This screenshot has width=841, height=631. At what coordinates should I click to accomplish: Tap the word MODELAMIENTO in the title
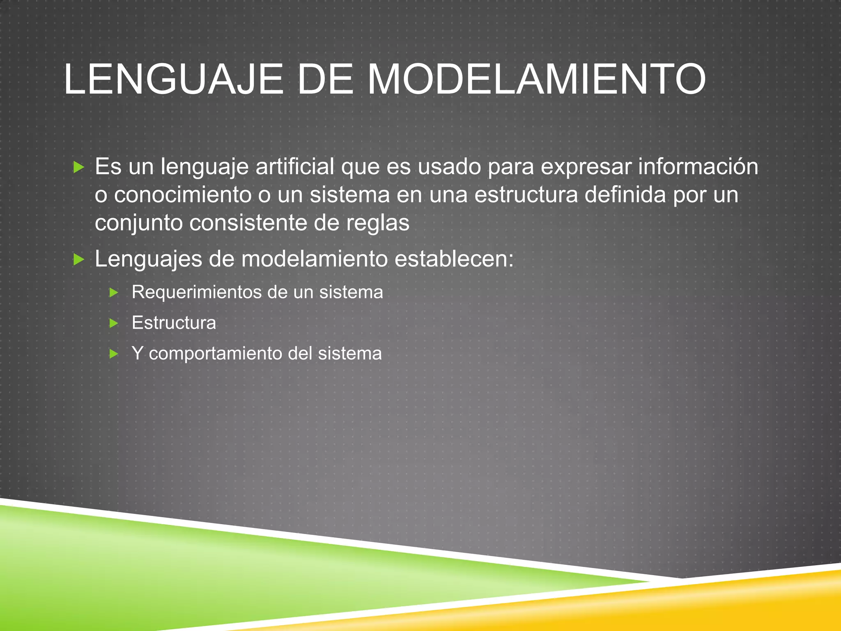point(536,79)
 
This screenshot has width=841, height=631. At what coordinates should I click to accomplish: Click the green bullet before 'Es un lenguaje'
point(78,167)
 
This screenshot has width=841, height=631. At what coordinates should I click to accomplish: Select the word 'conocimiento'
point(183,195)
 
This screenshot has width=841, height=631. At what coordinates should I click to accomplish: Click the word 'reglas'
point(378,223)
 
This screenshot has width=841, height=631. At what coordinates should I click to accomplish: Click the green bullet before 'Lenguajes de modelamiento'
point(78,259)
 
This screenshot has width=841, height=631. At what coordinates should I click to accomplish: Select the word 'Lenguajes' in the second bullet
point(148,259)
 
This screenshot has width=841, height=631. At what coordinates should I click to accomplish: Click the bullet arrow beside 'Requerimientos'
point(114,292)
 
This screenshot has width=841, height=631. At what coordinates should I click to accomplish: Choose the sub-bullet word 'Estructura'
point(174,323)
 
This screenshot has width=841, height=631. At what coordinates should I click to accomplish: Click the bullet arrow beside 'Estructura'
point(114,323)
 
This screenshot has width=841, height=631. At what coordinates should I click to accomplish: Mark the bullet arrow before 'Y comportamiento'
point(114,354)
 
